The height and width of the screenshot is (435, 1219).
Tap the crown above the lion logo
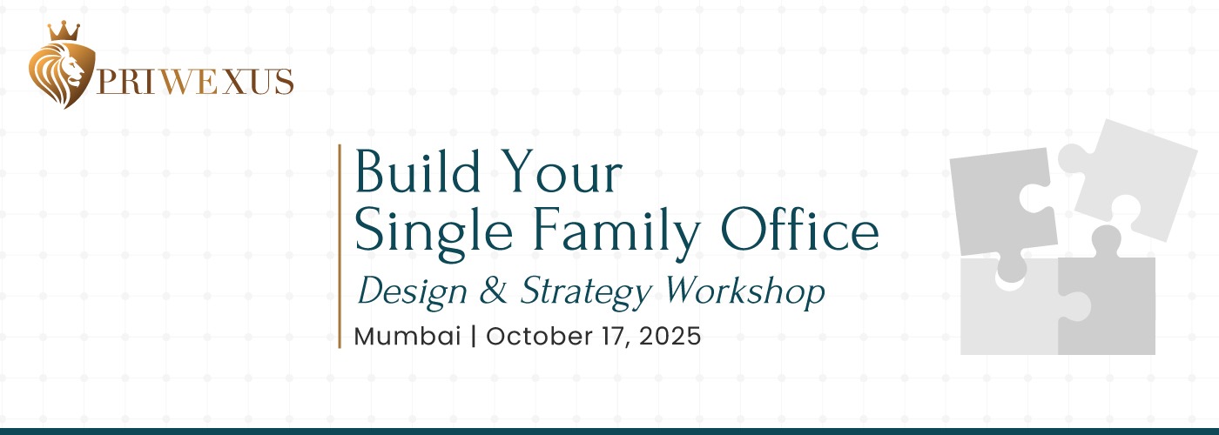coord(64,31)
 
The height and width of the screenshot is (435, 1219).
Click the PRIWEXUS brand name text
coord(195,83)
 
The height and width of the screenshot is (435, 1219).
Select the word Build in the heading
coord(418,171)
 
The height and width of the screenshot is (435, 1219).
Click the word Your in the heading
coord(562,171)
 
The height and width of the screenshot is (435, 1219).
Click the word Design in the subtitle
coord(413,292)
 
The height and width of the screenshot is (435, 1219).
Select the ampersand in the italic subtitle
coord(493,290)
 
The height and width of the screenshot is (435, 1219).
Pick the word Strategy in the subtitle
coord(586,292)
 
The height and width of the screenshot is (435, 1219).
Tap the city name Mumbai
coord(407,336)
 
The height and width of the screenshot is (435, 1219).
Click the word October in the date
coord(539,336)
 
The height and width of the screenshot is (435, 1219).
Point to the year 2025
coord(670,336)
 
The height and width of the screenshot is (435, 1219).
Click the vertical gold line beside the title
coord(340,245)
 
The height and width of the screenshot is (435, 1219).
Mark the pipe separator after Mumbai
coord(474,336)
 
